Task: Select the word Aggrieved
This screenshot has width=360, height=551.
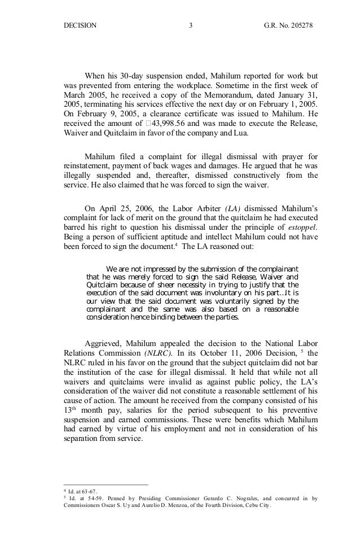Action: (x=102, y=344)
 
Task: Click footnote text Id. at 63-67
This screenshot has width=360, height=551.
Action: (x=84, y=491)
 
